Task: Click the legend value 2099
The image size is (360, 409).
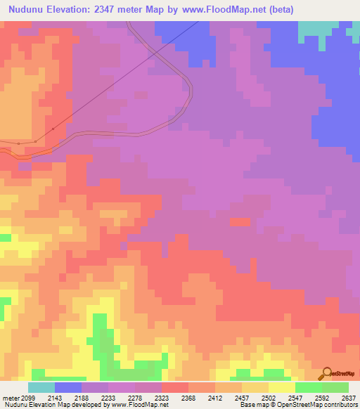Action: pyautogui.click(x=27, y=397)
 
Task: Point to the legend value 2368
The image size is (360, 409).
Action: pyautogui.click(x=188, y=397)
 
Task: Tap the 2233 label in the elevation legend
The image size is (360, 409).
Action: pyautogui.click(x=108, y=397)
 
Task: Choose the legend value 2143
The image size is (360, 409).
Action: pyautogui.click(x=54, y=397)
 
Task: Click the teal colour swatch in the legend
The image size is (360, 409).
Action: pyautogui.click(x=41, y=387)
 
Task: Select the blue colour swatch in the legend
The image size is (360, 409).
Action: pyautogui.click(x=68, y=387)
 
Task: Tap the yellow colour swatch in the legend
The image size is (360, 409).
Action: pyautogui.click(x=281, y=387)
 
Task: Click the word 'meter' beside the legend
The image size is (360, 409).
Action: pyautogui.click(x=9, y=397)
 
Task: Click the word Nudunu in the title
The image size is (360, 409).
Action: pyautogui.click(x=25, y=10)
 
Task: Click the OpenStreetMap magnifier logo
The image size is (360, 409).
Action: pyautogui.click(x=326, y=374)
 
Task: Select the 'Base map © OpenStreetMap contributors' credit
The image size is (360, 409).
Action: pyautogui.click(x=297, y=405)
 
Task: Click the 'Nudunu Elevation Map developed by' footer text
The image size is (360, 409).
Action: pyautogui.click(x=51, y=405)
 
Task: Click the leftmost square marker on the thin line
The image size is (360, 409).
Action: pyautogui.click(x=18, y=143)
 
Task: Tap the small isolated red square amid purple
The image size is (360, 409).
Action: pyautogui.click(x=240, y=222)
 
